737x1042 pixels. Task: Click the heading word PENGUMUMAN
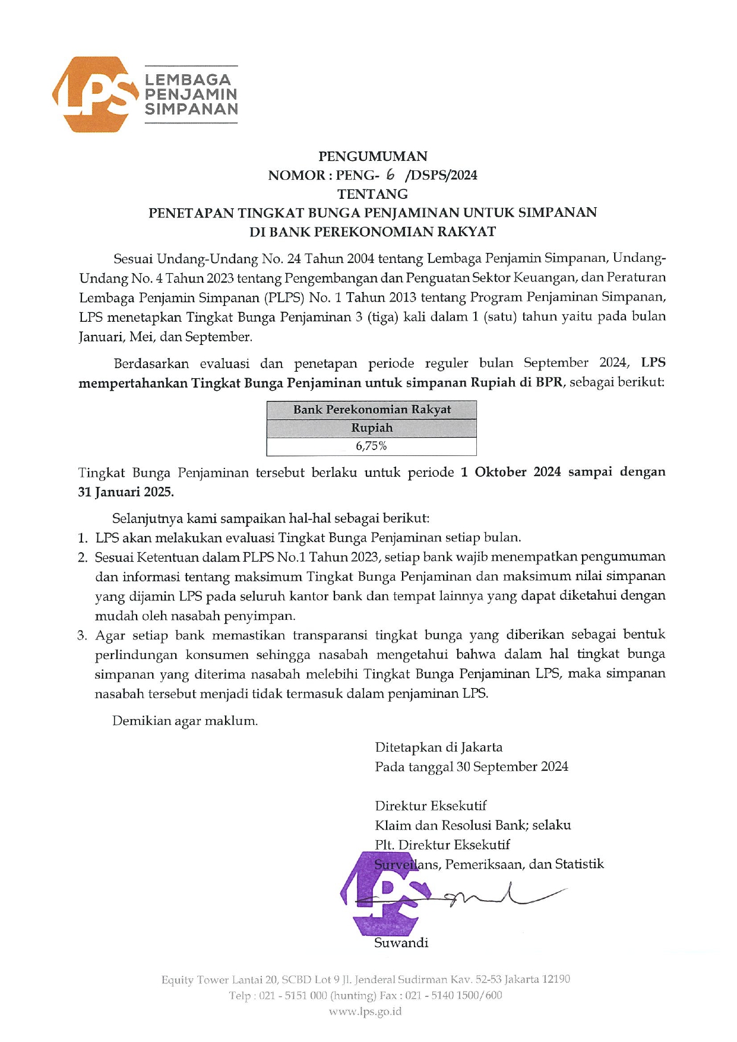pos(372,156)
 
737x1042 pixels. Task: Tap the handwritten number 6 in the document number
pos(390,174)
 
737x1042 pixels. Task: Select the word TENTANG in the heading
pos(372,194)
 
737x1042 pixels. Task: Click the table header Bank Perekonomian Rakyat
pos(372,410)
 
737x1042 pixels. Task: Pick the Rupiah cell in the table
pos(372,428)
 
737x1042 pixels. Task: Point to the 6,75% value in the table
pos(372,446)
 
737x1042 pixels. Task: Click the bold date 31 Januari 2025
pos(126,492)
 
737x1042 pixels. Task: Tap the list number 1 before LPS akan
pos(83,538)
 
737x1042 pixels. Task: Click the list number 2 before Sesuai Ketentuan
pos(83,558)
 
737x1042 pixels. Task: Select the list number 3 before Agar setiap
pos(83,636)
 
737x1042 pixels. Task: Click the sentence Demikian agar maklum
pos(185,721)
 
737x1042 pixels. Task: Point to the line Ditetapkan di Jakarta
pos(438,748)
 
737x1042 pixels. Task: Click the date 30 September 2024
pos(512,767)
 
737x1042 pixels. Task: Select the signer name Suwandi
pos(401,943)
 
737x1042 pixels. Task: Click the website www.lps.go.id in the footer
pos(365,1011)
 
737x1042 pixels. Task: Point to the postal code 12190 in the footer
pos(555,979)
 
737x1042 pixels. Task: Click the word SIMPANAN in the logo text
pos(191,109)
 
